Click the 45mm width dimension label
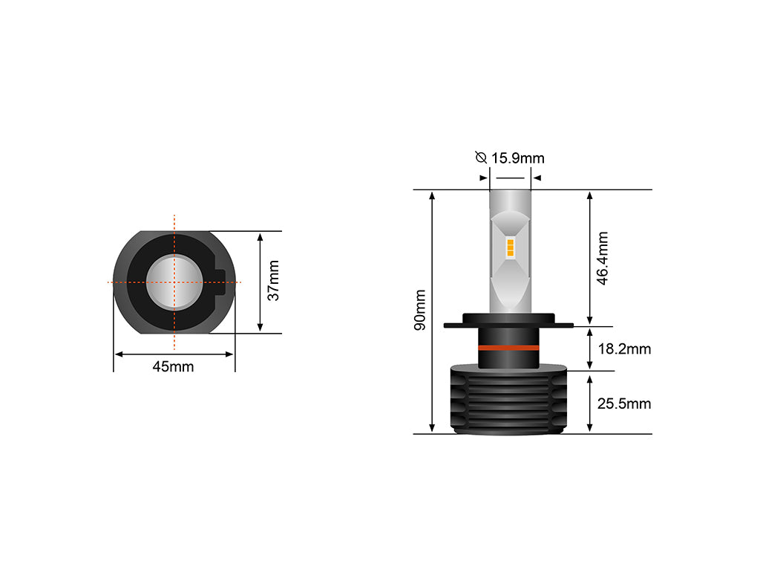(x=173, y=367)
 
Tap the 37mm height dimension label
(x=273, y=280)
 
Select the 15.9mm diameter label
(x=517, y=158)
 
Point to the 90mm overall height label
(x=420, y=310)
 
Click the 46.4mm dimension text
(x=602, y=258)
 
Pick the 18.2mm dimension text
(x=624, y=348)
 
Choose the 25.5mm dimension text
(x=624, y=403)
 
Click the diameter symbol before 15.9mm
(x=481, y=158)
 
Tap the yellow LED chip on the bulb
(x=510, y=247)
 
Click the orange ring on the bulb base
(x=508, y=348)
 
